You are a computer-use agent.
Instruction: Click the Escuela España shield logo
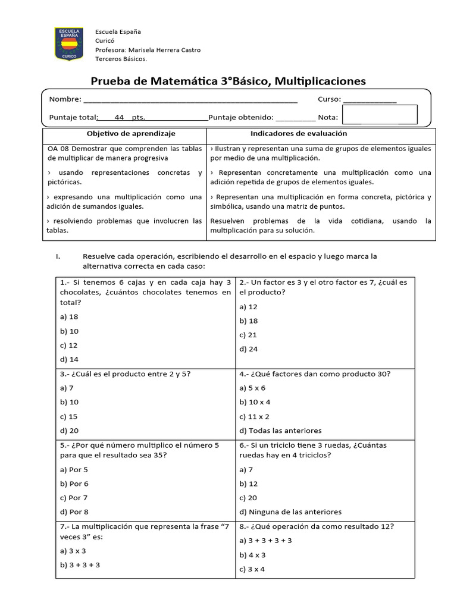[70, 43]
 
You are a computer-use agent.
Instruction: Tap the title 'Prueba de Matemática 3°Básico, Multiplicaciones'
[228, 80]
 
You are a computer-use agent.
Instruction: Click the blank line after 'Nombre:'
[190, 101]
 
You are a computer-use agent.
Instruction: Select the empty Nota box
[380, 114]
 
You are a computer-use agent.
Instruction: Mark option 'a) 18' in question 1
[70, 317]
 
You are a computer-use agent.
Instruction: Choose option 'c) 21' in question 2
[249, 335]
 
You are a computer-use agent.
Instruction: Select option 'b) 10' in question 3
[70, 402]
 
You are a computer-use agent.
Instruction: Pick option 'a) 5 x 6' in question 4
[253, 388]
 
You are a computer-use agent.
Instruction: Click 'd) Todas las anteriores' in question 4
[280, 431]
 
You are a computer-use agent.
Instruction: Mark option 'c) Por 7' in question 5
[74, 498]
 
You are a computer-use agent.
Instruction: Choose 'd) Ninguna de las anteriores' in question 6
[290, 512]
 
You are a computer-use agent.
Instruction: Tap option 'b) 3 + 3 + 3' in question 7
[80, 565]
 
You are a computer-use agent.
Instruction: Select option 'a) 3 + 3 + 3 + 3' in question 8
[265, 541]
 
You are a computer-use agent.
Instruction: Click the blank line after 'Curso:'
[370, 101]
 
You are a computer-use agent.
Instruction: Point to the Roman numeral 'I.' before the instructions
[58, 257]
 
